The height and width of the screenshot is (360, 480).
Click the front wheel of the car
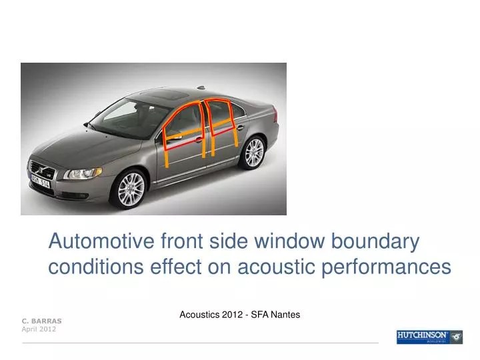131,189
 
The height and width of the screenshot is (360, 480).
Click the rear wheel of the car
254,152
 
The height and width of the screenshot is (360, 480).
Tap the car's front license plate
40,181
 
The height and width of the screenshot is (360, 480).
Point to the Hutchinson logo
429,336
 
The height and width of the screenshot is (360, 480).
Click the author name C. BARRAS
41,321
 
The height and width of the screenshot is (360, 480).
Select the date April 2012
39,329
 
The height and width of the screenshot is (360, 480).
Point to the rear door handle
240,127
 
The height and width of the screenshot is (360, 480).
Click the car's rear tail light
275,115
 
